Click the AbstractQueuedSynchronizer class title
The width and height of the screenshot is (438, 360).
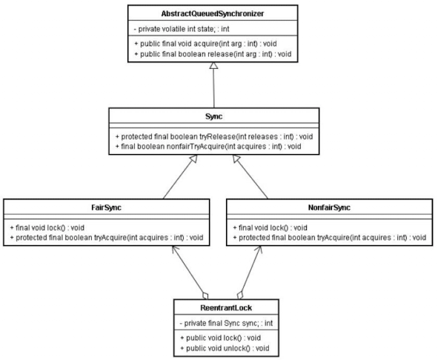[212, 13]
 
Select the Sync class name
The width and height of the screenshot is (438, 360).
[213, 116]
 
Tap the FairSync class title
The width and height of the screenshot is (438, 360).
[106, 207]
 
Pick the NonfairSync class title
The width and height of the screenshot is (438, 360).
[329, 207]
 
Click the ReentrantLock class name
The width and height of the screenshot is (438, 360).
[226, 307]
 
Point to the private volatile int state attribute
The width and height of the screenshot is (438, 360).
[182, 29]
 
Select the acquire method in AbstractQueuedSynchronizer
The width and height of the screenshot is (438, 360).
[205, 44]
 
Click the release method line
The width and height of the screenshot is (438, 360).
[213, 54]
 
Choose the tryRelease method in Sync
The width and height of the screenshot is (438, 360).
[213, 136]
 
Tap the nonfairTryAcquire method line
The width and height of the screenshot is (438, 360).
[208, 147]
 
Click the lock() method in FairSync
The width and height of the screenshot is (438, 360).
[47, 227]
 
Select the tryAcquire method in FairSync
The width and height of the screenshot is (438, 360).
[107, 237]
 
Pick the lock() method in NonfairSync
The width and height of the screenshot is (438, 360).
[270, 227]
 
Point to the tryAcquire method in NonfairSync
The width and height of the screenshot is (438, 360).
[329, 237]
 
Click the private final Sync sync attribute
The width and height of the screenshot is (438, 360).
[226, 323]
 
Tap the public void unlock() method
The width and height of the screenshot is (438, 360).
[225, 348]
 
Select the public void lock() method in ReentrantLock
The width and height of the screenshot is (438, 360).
[220, 338]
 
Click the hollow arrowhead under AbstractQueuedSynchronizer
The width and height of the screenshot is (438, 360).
[213, 65]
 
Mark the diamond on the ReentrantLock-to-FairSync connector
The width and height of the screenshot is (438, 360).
[205, 296]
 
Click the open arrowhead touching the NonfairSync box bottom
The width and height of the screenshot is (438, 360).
[259, 250]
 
